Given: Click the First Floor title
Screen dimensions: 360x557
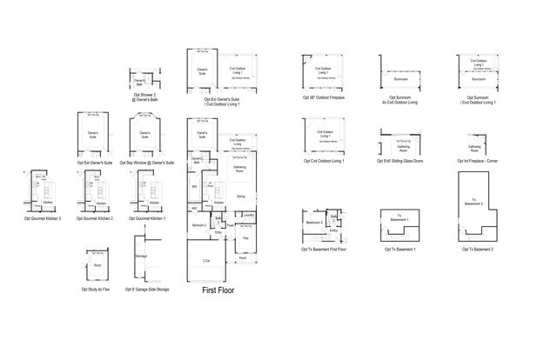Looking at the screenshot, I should [x=218, y=290].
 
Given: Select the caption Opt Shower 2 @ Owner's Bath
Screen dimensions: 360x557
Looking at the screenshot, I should [x=145, y=98].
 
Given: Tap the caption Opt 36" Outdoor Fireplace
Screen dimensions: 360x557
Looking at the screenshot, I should [x=324, y=99].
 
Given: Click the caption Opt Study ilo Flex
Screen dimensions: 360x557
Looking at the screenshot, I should [x=97, y=290].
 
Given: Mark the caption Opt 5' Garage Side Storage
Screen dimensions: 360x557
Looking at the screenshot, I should [x=148, y=290].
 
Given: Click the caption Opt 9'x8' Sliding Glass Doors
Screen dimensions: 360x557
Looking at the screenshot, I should [x=400, y=162].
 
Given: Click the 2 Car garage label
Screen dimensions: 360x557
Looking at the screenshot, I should [x=206, y=260].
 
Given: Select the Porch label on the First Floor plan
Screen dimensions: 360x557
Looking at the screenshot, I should [x=242, y=258].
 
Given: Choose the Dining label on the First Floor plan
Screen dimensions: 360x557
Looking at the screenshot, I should [x=241, y=197].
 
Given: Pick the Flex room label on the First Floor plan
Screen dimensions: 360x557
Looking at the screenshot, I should [x=246, y=237].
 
